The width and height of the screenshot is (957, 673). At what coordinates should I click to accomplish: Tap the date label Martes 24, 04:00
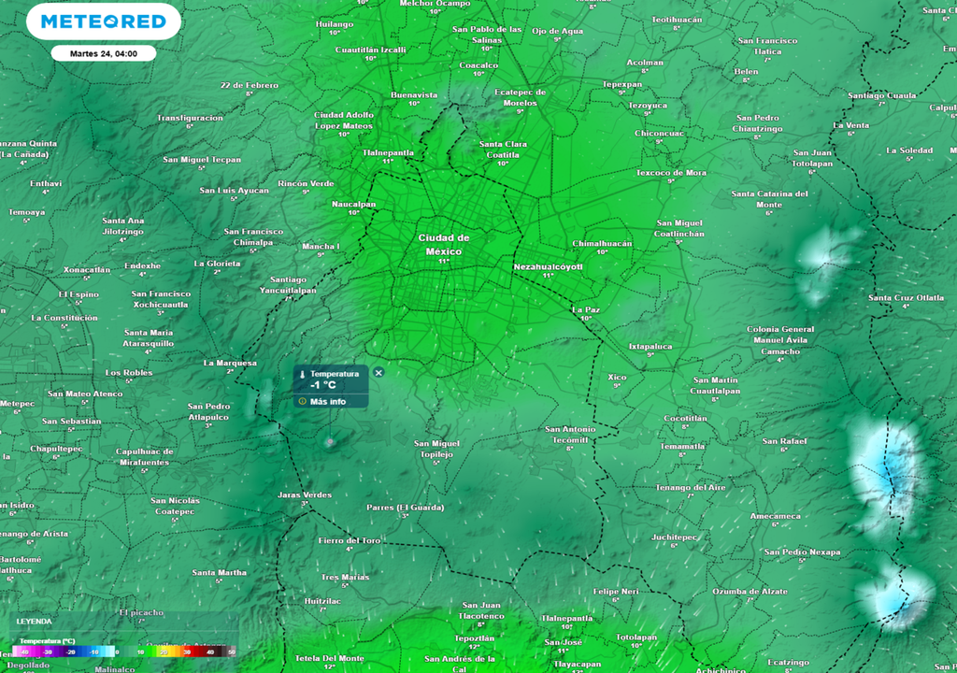[x=103, y=53]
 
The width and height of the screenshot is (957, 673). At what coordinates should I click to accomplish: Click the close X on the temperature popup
[x=379, y=372]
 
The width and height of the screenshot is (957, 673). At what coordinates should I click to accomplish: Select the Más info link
[x=327, y=401]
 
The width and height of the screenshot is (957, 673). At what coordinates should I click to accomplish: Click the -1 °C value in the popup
[x=322, y=384]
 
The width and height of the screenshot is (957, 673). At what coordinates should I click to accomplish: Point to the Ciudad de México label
[x=444, y=245]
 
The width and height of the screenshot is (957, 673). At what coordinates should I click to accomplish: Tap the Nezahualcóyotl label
[x=549, y=267]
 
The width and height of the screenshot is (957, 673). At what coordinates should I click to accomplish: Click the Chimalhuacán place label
[x=602, y=243]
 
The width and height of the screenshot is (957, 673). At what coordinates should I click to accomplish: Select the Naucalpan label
[x=354, y=204]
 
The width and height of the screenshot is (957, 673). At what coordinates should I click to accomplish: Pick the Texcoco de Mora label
[x=671, y=173]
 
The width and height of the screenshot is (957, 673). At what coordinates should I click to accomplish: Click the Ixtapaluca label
[x=650, y=346]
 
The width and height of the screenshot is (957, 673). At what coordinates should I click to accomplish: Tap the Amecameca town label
[x=775, y=515]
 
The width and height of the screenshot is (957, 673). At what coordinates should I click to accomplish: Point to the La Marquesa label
[x=230, y=363]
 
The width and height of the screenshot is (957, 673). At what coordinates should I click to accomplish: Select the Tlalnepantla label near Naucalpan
[x=388, y=151]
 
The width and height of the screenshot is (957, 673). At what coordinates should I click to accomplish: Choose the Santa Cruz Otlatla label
[x=906, y=297]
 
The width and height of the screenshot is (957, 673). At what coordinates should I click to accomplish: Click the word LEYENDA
[x=35, y=621]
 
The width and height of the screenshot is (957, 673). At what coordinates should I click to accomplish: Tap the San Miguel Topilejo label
[x=436, y=448]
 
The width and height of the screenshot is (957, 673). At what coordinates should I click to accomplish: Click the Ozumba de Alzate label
[x=750, y=591]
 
